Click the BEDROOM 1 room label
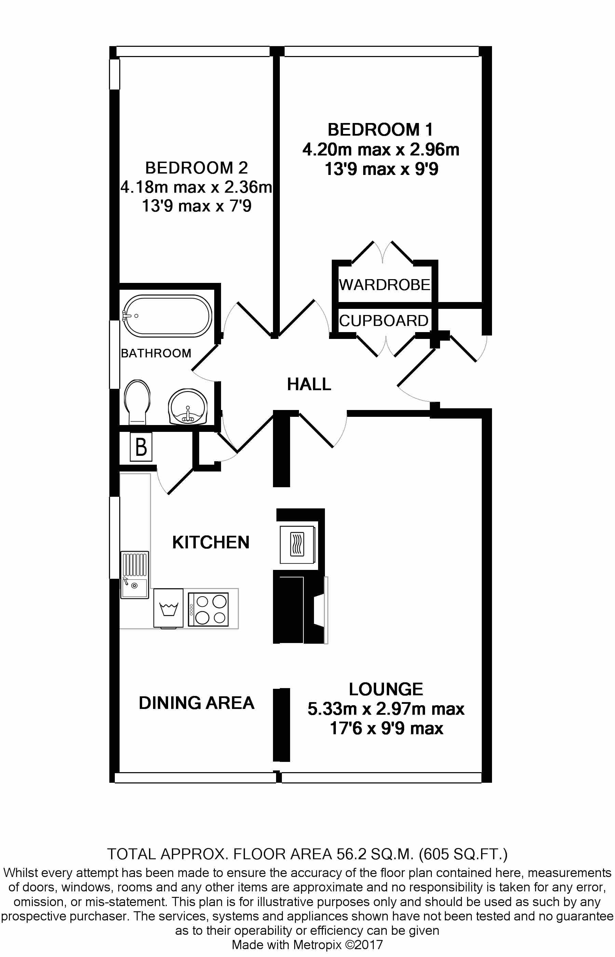click(380, 130)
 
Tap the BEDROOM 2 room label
click(196, 168)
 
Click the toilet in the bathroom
click(137, 401)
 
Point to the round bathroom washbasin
click(188, 407)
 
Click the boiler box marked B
click(141, 447)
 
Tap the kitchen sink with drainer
click(135, 575)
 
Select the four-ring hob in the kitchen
click(208, 609)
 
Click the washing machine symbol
click(168, 608)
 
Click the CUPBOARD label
click(384, 320)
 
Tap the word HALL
click(309, 384)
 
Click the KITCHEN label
click(211, 542)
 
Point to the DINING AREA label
click(196, 703)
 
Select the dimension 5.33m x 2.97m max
click(386, 709)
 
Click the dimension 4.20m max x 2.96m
click(381, 150)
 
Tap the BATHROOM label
click(156, 353)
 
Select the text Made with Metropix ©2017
click(307, 944)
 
